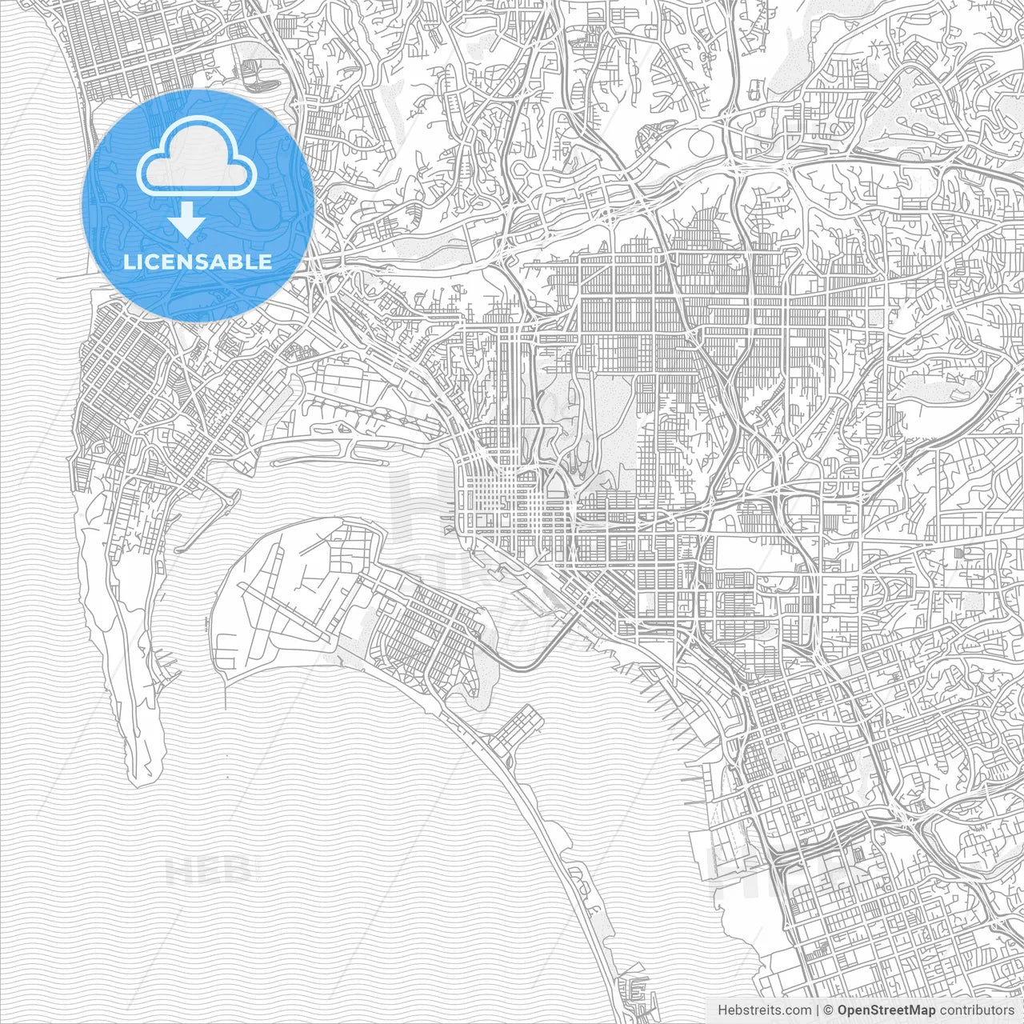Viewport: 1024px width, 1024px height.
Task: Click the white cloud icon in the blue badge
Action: (196, 159)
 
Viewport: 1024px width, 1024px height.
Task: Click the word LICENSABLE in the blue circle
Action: (197, 262)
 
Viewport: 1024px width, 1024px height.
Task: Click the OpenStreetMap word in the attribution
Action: (886, 1010)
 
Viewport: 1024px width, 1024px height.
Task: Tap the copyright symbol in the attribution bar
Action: (829, 1010)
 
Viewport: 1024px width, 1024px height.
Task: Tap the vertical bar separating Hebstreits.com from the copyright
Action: (816, 1010)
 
